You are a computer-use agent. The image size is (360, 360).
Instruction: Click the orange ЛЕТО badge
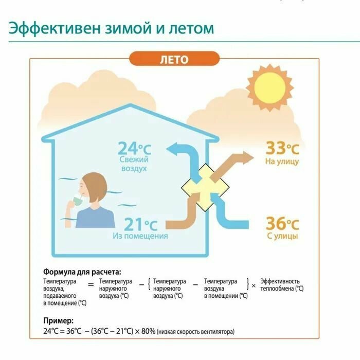tap(173, 59)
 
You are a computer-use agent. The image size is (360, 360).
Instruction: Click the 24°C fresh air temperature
tap(134, 149)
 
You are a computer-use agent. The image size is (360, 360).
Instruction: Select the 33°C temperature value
tap(282, 149)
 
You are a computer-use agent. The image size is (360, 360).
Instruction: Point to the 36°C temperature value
tap(282, 224)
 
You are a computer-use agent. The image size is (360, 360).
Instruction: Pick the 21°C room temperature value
tap(140, 224)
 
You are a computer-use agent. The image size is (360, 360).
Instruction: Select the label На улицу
tap(282, 161)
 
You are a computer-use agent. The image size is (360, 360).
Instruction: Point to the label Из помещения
tap(140, 236)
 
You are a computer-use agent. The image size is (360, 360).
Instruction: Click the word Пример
tap(58, 320)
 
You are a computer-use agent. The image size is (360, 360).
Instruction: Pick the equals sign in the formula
tap(91, 283)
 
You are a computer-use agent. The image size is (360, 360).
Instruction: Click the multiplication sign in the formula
tap(253, 284)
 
